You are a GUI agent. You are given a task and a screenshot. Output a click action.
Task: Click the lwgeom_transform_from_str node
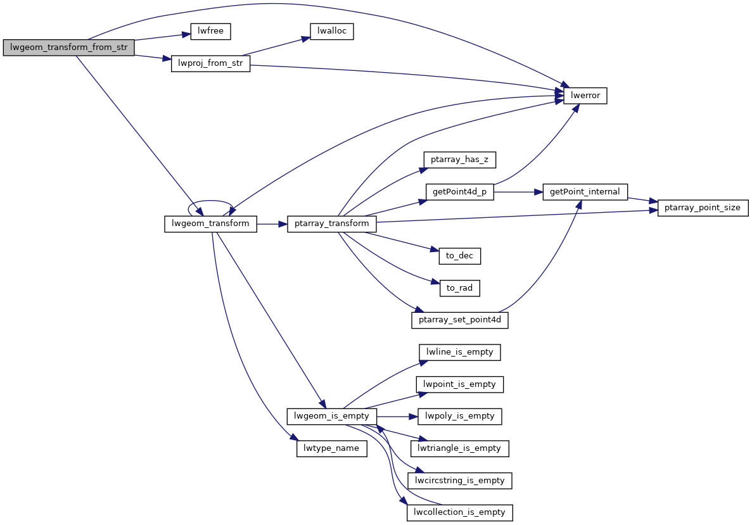(x=69, y=47)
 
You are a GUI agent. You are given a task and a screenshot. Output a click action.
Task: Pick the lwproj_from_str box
(x=211, y=64)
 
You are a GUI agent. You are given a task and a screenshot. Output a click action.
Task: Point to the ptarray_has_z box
(x=459, y=160)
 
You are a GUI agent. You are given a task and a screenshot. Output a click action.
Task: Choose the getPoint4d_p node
(x=460, y=192)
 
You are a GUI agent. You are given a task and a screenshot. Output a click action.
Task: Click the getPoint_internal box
(x=585, y=192)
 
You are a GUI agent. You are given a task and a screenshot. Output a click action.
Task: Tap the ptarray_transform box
(x=332, y=224)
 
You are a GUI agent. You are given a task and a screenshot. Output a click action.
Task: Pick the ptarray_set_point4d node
(x=460, y=320)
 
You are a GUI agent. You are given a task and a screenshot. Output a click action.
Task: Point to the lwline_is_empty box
(x=460, y=352)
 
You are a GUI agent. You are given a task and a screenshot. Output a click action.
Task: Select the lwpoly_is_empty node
(x=460, y=416)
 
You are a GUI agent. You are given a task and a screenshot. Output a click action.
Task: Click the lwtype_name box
(x=331, y=448)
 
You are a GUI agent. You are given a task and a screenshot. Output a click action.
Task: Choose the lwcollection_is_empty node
(x=459, y=512)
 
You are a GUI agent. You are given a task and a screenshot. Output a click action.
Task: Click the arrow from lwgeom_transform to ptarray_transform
(x=272, y=224)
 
